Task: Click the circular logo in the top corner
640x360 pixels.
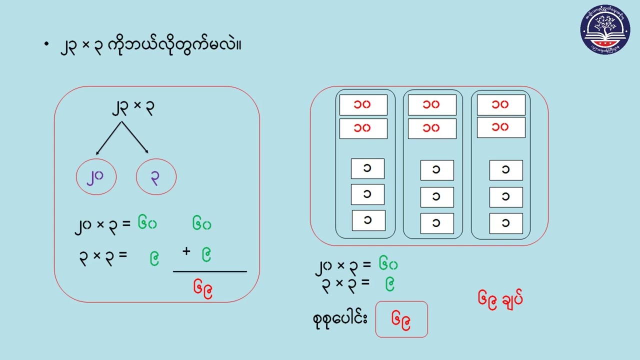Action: [605, 29]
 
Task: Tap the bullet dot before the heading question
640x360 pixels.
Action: [46, 44]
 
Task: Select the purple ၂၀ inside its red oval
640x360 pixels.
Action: [96, 176]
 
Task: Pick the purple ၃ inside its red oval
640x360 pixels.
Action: [156, 176]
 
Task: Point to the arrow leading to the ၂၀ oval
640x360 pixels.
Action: [108, 138]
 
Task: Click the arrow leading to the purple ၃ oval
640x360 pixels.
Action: [135, 138]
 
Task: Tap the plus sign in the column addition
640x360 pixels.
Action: [186, 251]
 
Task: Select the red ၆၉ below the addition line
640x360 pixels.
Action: [203, 287]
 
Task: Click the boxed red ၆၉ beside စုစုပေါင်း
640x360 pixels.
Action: [401, 319]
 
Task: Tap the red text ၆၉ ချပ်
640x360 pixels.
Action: [500, 299]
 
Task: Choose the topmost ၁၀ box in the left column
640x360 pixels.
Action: [363, 105]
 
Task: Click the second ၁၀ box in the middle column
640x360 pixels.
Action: [432, 128]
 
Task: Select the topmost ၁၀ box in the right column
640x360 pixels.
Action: [500, 105]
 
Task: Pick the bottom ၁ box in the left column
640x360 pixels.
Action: [368, 220]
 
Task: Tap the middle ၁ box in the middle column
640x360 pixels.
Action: [437, 197]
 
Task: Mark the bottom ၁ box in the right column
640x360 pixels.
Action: [506, 223]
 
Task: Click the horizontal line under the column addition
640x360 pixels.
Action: [210, 271]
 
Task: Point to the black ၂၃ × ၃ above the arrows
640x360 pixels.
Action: [132, 107]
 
